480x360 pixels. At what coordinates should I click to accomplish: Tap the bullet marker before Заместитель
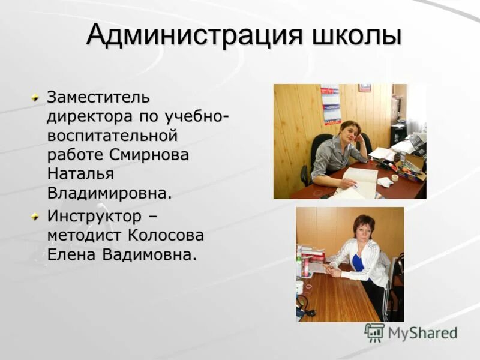coord(36,97)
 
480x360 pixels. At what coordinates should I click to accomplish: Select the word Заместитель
coord(99,97)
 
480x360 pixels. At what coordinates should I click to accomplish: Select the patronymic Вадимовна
coord(149,254)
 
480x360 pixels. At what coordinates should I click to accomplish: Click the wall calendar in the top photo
coord(330,103)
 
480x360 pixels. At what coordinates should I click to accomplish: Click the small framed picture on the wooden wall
coord(364,88)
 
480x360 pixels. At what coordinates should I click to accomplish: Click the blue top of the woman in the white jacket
coord(358,262)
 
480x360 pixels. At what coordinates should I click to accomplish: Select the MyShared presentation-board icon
coord(374,332)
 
